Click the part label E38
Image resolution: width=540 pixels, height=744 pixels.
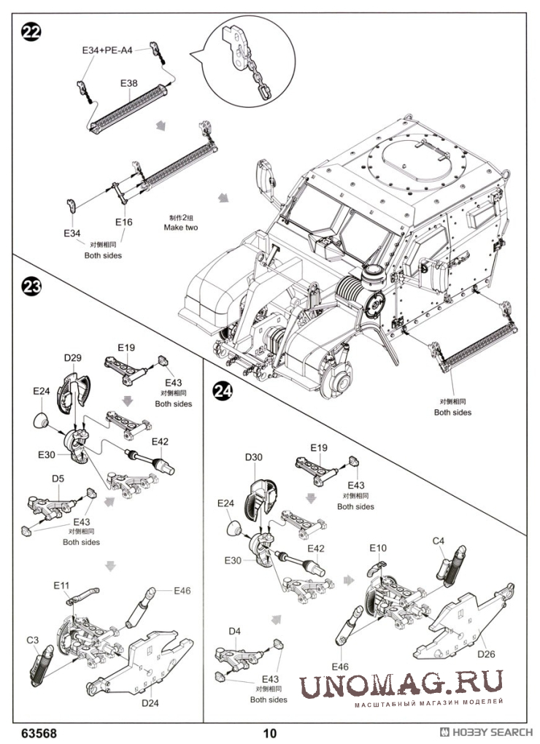pyautogui.click(x=128, y=83)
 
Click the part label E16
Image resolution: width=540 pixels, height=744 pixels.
pyautogui.click(x=123, y=222)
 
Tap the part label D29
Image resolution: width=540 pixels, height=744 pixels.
pyautogui.click(x=73, y=357)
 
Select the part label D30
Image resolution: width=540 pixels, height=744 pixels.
pyautogui.click(x=253, y=457)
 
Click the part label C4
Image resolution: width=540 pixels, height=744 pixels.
pyautogui.click(x=439, y=540)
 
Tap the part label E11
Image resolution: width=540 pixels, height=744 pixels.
pyautogui.click(x=61, y=585)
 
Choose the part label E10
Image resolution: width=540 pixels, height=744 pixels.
pyautogui.click(x=378, y=548)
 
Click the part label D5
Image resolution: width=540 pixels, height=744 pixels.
pyautogui.click(x=58, y=478)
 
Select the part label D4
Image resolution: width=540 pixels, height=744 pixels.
pyautogui.click(x=235, y=630)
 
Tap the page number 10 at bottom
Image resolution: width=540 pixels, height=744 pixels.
pyautogui.click(x=271, y=732)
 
